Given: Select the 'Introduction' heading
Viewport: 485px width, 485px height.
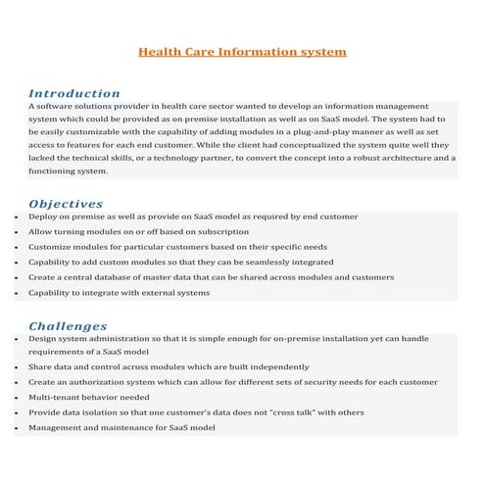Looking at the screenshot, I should (x=74, y=93).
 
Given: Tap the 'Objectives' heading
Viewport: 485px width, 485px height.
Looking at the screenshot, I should (x=67, y=204).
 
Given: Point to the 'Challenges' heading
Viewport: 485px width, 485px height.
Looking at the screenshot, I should (x=68, y=325).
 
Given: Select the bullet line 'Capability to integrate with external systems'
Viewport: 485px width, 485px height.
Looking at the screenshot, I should (x=119, y=293).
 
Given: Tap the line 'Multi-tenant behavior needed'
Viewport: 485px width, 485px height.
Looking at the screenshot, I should (x=89, y=398).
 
